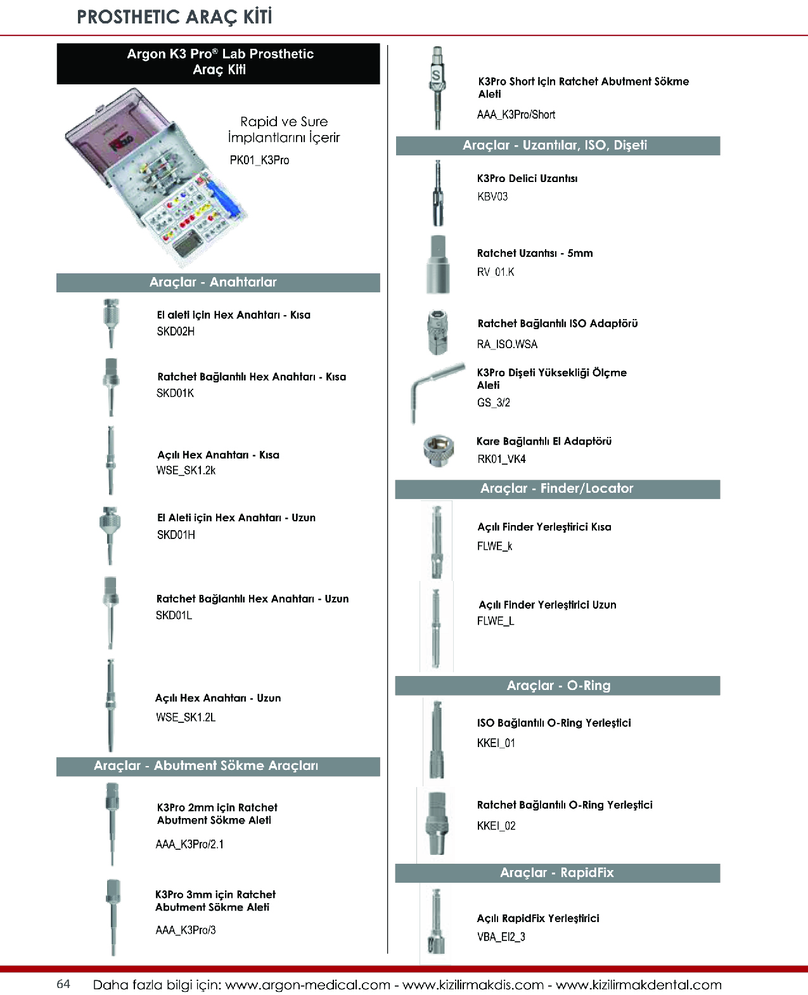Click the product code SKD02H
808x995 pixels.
pyautogui.click(x=176, y=331)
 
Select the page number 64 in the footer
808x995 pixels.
pyautogui.click(x=63, y=984)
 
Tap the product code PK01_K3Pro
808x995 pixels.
pyautogui.click(x=259, y=160)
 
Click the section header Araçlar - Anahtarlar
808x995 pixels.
pyautogui.click(x=213, y=282)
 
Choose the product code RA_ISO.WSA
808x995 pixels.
pyautogui.click(x=507, y=344)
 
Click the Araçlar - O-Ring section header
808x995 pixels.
pyautogui.click(x=558, y=686)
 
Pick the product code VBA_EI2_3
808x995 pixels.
pyautogui.click(x=501, y=937)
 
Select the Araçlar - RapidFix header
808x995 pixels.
pyautogui.click(x=557, y=873)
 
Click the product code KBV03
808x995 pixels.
pyautogui.click(x=492, y=197)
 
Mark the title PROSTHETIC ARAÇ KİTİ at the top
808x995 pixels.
pyautogui.click(x=174, y=17)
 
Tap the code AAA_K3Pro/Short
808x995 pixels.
pyautogui.click(x=516, y=115)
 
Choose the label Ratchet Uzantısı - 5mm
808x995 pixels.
pyautogui.click(x=535, y=253)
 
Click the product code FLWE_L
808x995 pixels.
pyautogui.click(x=496, y=621)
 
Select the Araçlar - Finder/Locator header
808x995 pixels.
pyautogui.click(x=557, y=488)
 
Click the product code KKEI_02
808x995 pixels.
pyautogui.click(x=496, y=826)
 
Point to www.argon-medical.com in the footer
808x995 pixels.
pyautogui.click(x=307, y=985)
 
